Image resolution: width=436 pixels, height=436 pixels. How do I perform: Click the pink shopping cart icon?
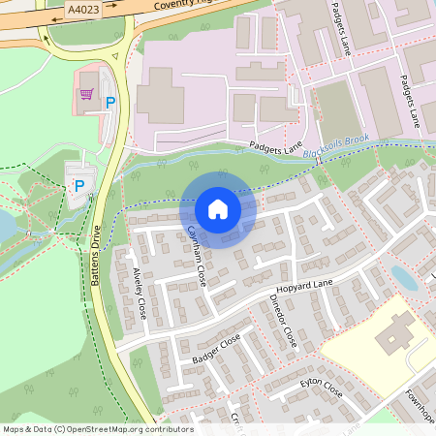pos(87,94)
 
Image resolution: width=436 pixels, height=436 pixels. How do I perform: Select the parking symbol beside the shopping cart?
pos(110,101)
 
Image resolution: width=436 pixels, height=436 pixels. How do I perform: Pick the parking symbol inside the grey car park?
pos(79,184)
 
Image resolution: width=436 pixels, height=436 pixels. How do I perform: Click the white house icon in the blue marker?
pos(218,208)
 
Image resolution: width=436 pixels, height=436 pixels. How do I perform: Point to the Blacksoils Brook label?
pos(335,147)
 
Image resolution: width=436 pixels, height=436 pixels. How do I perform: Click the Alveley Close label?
pos(140,294)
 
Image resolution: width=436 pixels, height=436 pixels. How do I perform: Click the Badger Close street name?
pos(215,348)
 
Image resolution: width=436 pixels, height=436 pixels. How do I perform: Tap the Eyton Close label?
pos(321,389)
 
